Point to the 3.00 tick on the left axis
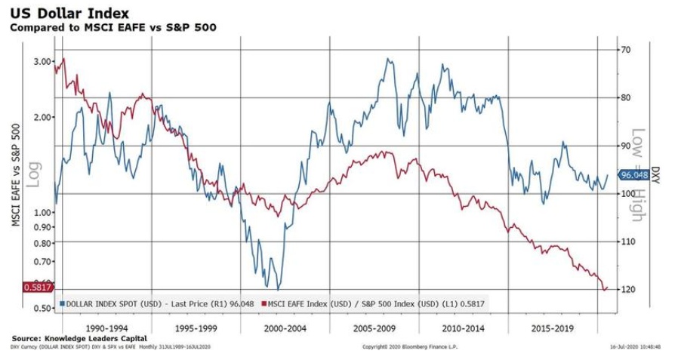42,61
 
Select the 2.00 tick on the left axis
42,117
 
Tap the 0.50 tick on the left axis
42,308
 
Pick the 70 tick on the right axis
624,50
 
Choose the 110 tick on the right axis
627,242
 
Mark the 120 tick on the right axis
627,289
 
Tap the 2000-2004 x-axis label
286,329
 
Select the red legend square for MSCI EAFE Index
263,303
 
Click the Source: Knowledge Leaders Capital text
79,338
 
